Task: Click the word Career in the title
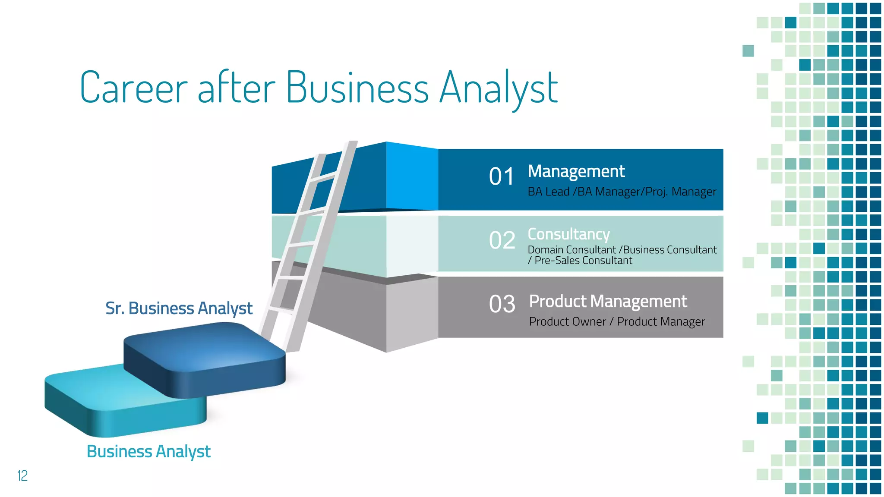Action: click(134, 88)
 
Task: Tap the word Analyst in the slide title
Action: click(499, 88)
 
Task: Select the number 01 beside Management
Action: click(501, 177)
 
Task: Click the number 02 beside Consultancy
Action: click(502, 240)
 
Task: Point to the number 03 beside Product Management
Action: click(502, 304)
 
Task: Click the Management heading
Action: click(576, 172)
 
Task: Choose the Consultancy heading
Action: click(568, 234)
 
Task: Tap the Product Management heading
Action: click(608, 301)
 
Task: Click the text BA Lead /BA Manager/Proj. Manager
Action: click(622, 192)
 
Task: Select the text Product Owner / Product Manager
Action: click(617, 322)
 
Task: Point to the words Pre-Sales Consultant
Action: click(583, 261)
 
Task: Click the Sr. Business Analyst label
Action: click(179, 308)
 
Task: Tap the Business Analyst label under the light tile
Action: click(148, 452)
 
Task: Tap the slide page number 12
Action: click(22, 475)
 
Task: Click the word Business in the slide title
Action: click(357, 88)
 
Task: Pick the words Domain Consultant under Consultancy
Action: click(571, 250)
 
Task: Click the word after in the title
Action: click(236, 88)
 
